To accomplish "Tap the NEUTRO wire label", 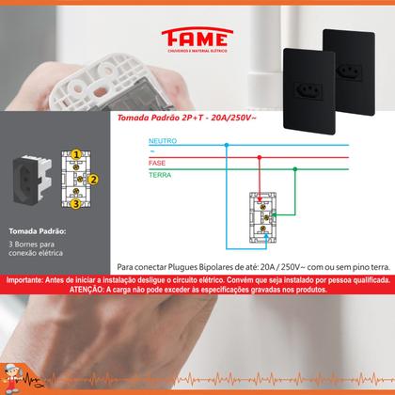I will tap(163, 141).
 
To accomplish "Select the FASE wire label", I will tap(158, 164).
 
